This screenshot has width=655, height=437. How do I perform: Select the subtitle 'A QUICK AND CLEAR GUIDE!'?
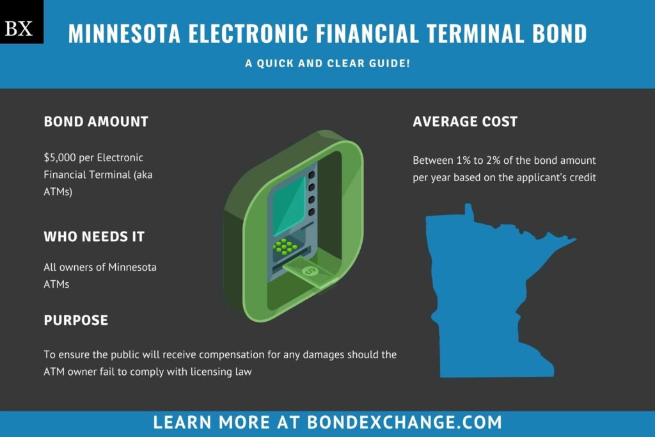click(x=327, y=65)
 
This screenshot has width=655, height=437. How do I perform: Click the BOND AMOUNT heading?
click(x=96, y=122)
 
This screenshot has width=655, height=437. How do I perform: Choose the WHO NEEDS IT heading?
click(x=94, y=237)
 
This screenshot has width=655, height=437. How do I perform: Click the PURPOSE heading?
click(x=75, y=320)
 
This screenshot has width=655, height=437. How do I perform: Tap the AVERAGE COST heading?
click(x=465, y=122)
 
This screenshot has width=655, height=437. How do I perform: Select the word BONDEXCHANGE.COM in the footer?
click(x=405, y=422)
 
